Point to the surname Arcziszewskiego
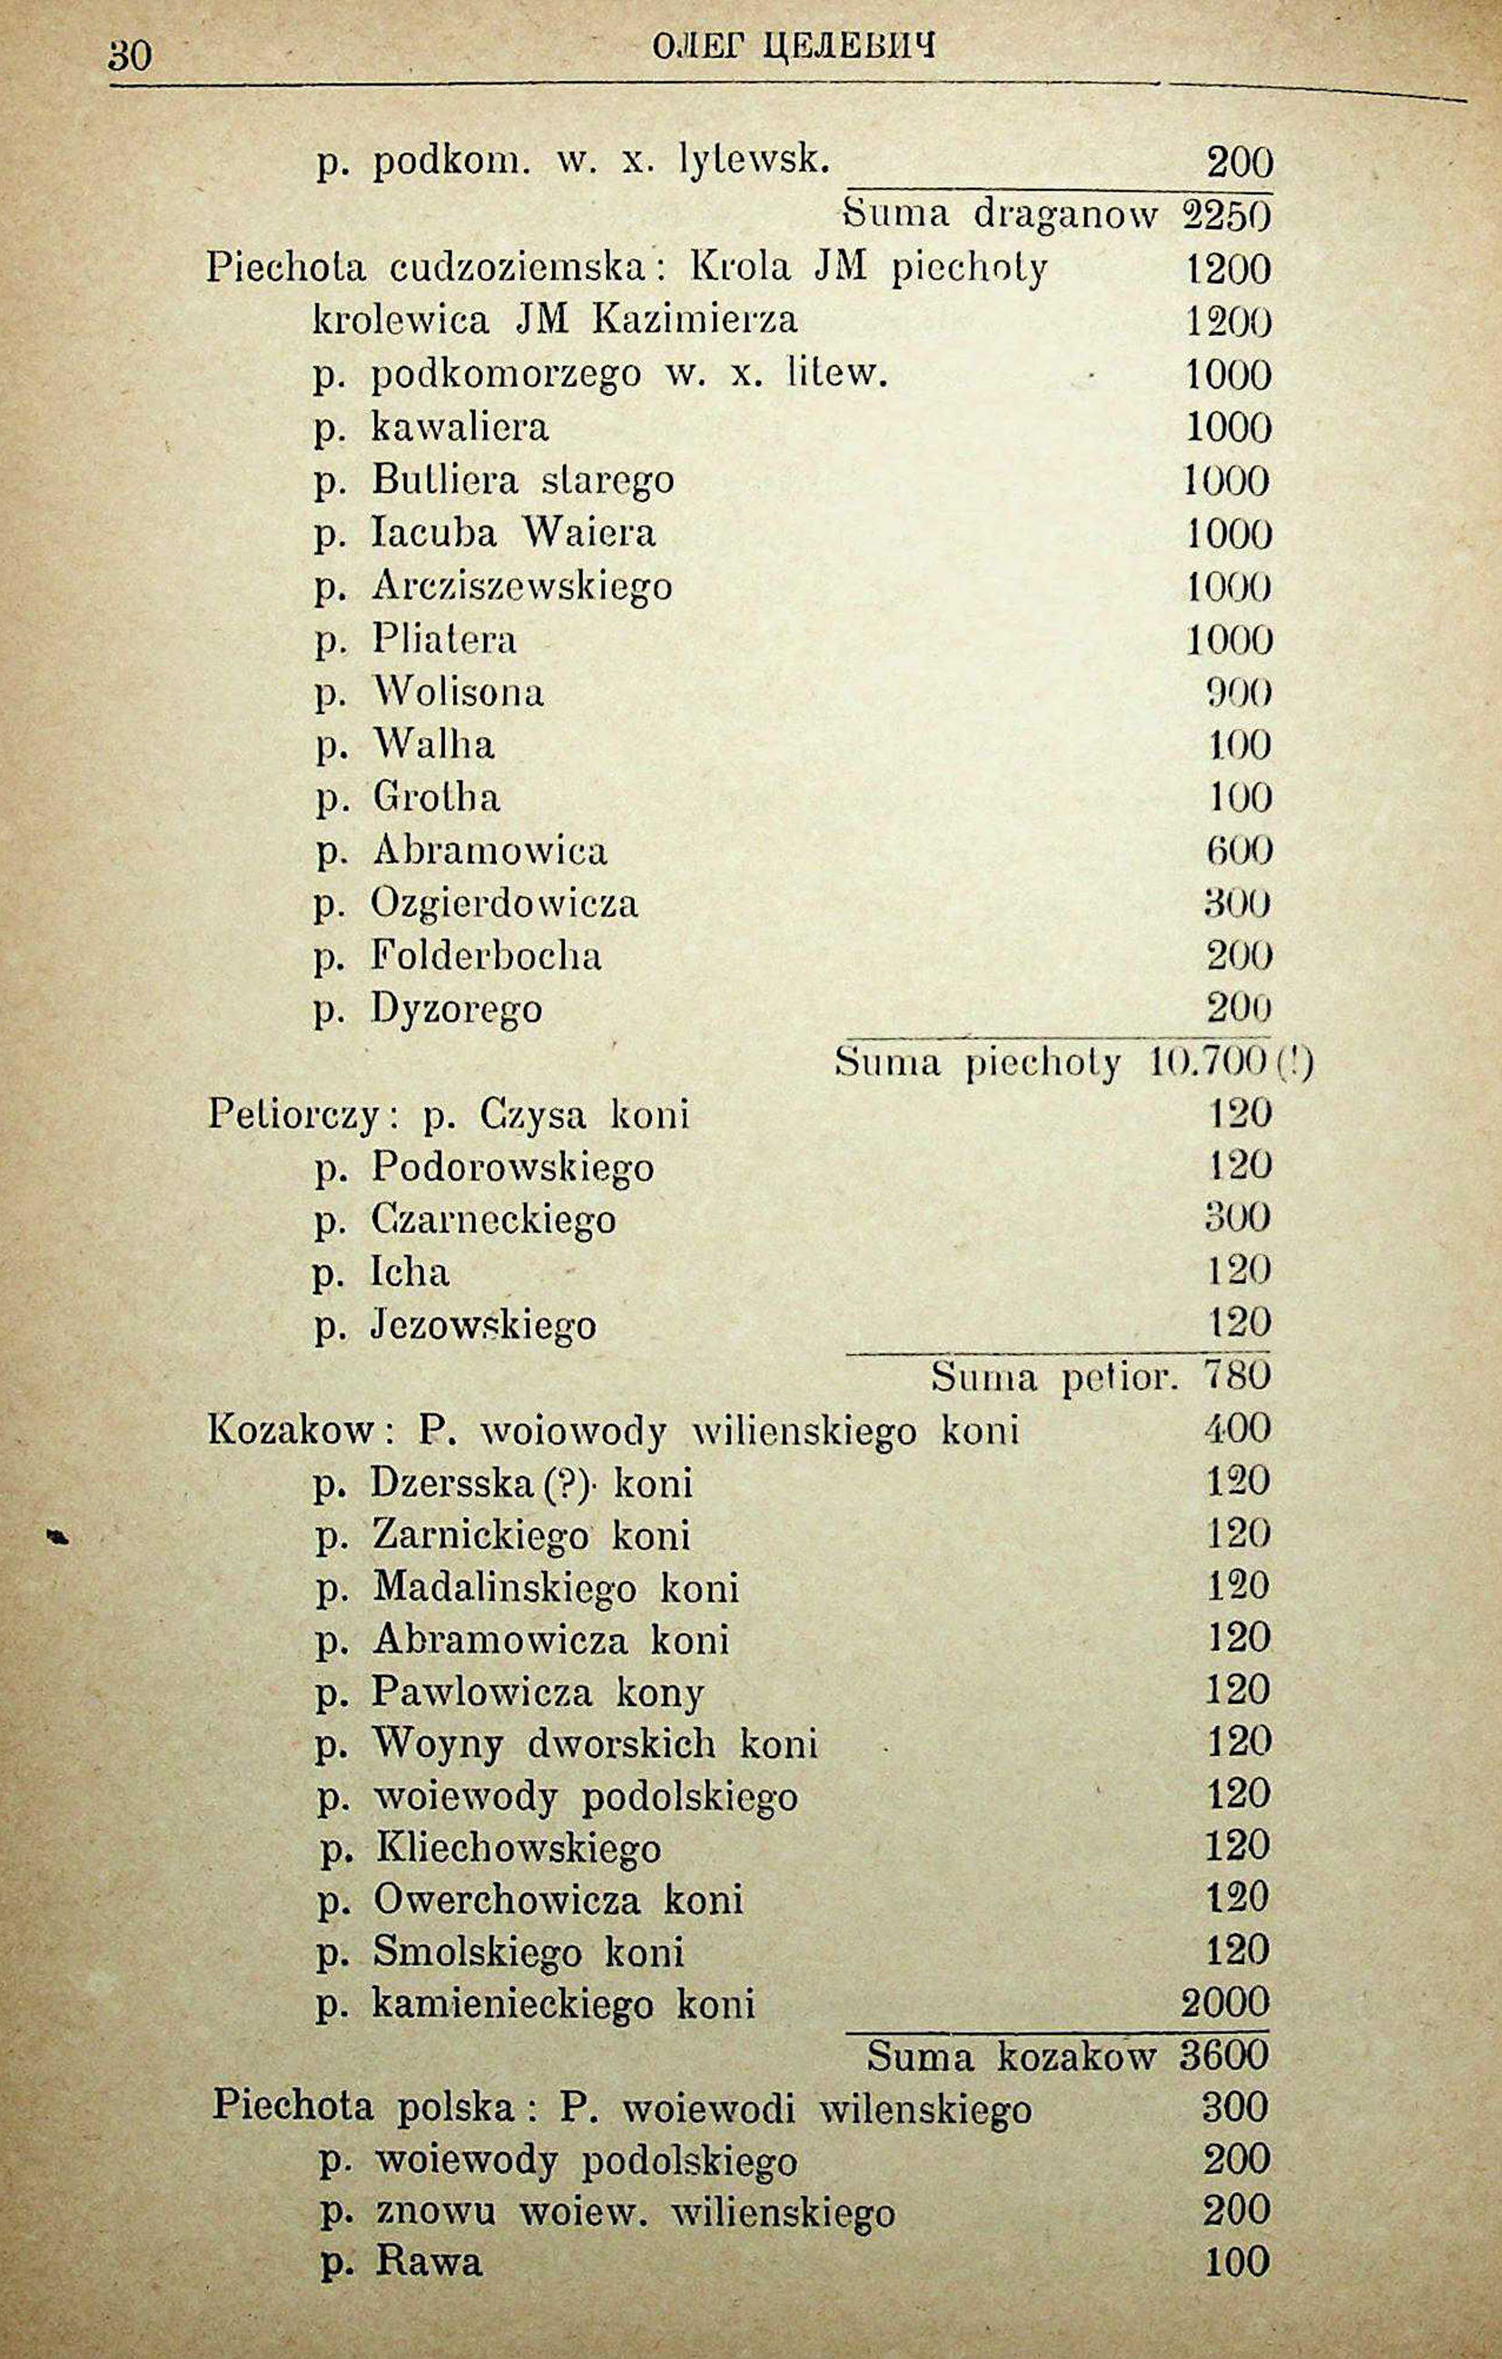pos(522,586)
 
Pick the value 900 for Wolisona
pos(1238,693)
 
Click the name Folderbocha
pos(486,955)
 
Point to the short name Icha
pos(410,1272)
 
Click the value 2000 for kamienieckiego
pos(1225,2001)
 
